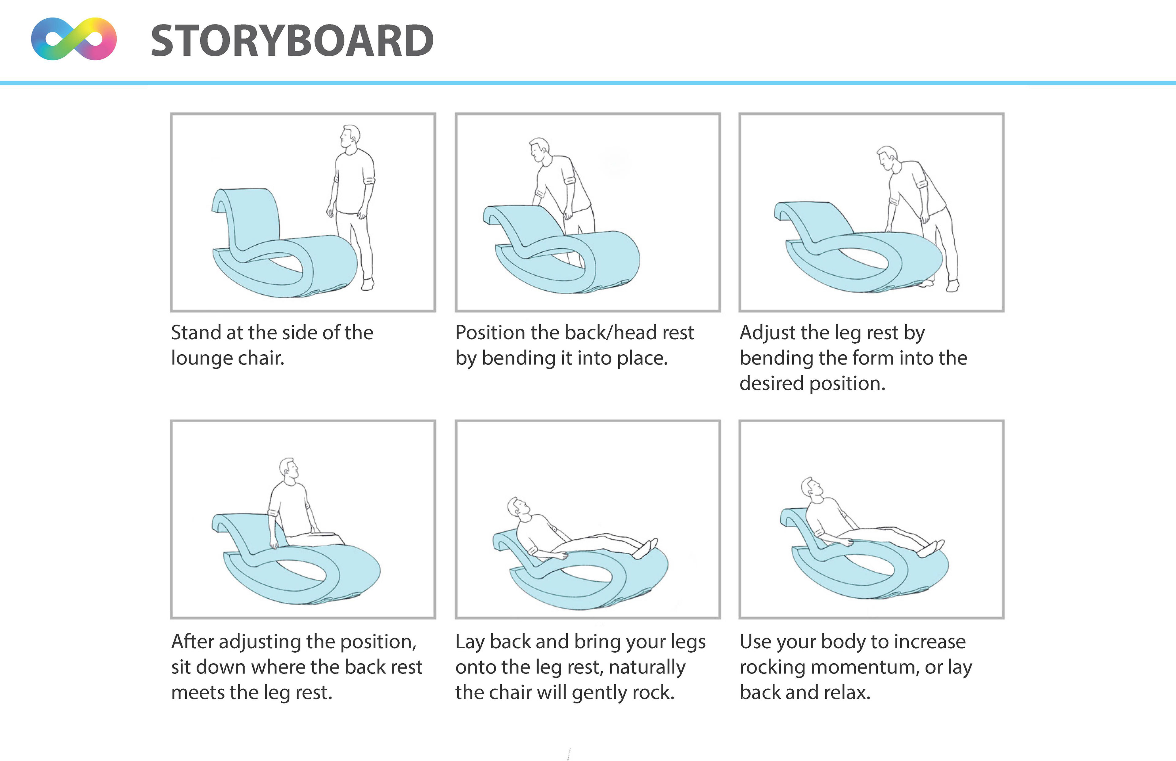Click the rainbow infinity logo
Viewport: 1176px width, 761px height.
click(x=73, y=39)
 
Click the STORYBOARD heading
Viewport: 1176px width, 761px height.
click(x=292, y=40)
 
